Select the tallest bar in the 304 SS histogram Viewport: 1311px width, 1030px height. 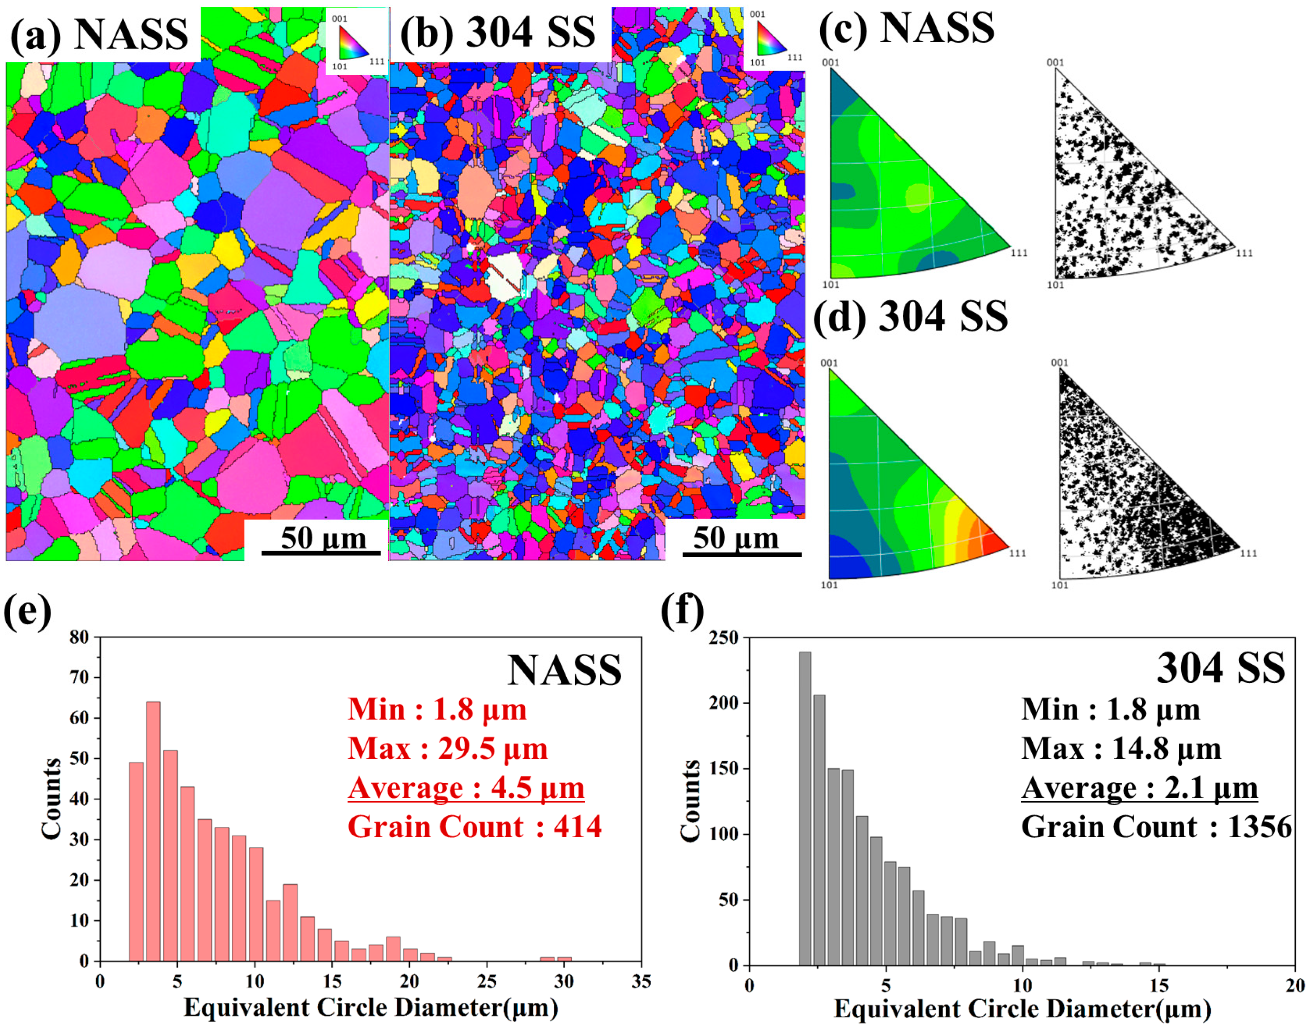805,808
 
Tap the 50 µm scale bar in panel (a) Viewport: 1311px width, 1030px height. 321,553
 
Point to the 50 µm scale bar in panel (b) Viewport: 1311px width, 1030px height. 742,553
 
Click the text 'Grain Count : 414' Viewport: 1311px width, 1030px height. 475,827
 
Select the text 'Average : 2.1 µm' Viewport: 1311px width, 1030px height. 1140,788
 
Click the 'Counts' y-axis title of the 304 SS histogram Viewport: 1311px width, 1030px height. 690,801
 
